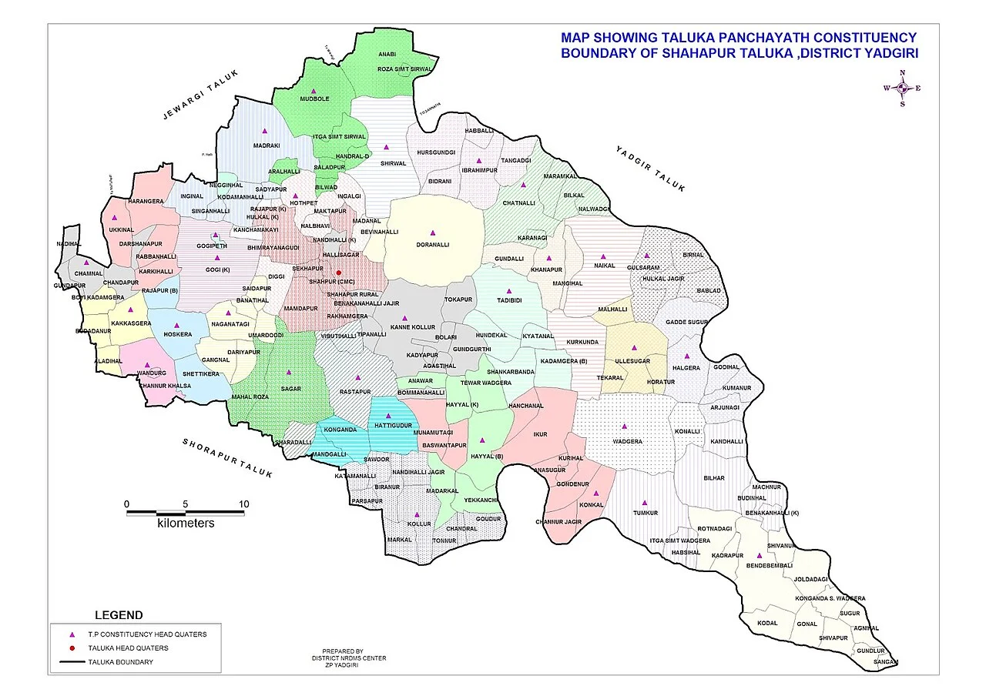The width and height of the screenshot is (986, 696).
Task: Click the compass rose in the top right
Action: [902, 88]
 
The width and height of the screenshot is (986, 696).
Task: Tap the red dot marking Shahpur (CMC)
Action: [338, 273]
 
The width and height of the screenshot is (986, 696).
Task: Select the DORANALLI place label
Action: [432, 245]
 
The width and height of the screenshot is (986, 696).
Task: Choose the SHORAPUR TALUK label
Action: [227, 459]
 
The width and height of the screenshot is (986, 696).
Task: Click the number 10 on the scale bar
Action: [243, 504]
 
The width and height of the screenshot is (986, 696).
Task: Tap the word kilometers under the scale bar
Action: [186, 524]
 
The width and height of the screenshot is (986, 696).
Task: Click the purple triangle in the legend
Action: [72, 634]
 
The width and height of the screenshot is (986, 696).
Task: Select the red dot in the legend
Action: [72, 648]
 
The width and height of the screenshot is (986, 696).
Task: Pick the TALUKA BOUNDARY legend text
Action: [120, 662]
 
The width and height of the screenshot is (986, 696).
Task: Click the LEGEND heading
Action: [118, 615]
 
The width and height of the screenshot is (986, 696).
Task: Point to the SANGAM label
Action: [887, 661]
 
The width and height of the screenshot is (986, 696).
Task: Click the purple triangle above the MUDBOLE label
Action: [314, 91]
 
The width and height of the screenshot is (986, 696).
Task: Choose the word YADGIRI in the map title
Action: [888, 52]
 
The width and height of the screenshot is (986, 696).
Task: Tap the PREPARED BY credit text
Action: [343, 651]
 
